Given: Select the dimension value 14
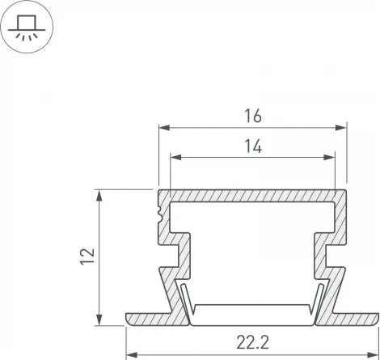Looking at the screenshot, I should click(252, 146).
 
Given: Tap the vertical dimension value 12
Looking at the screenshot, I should click(90, 256).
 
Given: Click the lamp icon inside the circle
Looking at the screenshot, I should click(27, 26).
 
